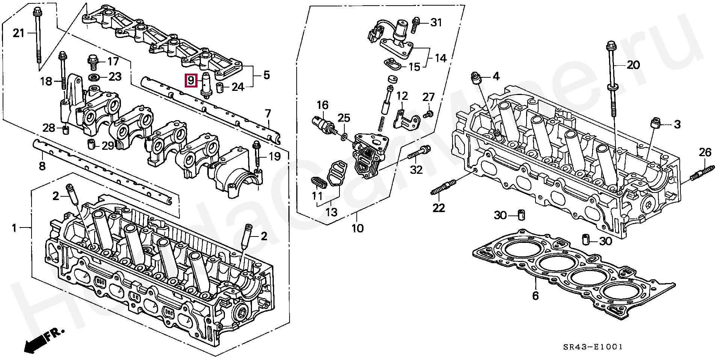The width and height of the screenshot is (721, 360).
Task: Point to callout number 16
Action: (x=322, y=104)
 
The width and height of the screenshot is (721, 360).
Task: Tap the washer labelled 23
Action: (x=94, y=77)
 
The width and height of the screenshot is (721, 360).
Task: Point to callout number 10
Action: (x=357, y=228)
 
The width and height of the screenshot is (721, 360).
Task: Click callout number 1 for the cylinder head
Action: (x=14, y=227)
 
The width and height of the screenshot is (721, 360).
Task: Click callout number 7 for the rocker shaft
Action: (x=267, y=113)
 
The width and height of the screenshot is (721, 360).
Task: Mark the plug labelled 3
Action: (x=655, y=124)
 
